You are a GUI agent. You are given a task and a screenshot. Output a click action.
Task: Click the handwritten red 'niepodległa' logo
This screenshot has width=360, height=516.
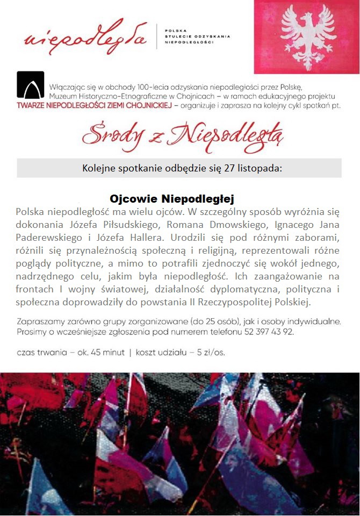click(85, 37)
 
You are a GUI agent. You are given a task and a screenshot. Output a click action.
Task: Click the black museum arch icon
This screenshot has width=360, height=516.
click(31, 85)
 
